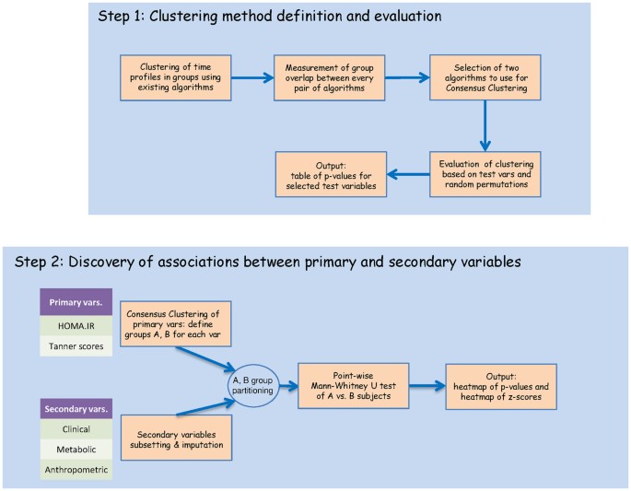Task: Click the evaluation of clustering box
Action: pyautogui.click(x=485, y=171)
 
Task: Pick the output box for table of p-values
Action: pyautogui.click(x=331, y=171)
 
